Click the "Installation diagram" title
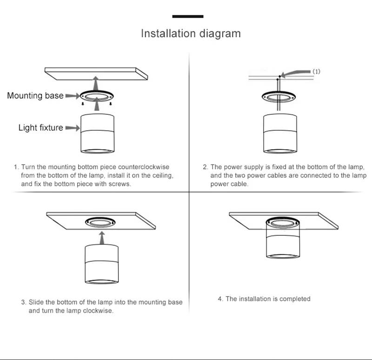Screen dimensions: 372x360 pyautogui.click(x=191, y=33)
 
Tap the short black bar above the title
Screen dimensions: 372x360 pyautogui.click(x=188, y=16)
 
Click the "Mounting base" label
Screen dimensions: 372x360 pyautogui.click(x=35, y=96)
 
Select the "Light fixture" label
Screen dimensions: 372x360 pyautogui.click(x=41, y=127)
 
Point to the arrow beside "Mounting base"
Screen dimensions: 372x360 pyautogui.click(x=73, y=96)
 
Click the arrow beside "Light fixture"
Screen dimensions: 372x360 pyautogui.click(x=73, y=128)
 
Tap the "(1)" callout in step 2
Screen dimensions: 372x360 pyautogui.click(x=316, y=72)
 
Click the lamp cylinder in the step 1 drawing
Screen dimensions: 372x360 pyautogui.click(x=97, y=133)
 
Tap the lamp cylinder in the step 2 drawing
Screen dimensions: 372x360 pyautogui.click(x=280, y=133)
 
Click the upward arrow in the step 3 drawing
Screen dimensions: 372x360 pyautogui.click(x=102, y=238)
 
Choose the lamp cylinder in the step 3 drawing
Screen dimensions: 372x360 pyautogui.click(x=101, y=264)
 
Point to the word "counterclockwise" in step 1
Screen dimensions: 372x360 pyautogui.click(x=144, y=167)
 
